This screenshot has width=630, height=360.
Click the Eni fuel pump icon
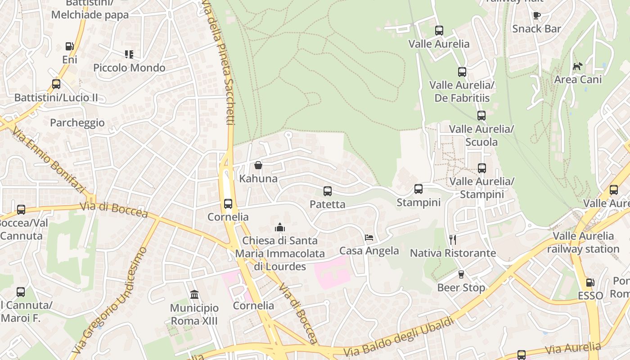click(69, 46)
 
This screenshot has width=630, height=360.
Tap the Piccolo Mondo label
click(129, 68)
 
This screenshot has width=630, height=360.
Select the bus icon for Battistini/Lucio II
click(56, 84)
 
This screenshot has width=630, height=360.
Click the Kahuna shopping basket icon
click(258, 165)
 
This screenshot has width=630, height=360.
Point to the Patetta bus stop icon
click(328, 191)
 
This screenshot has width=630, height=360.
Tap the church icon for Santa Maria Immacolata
click(280, 227)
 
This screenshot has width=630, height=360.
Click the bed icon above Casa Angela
click(369, 237)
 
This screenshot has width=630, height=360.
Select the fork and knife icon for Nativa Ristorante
click(453, 239)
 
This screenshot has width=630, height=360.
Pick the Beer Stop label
click(461, 288)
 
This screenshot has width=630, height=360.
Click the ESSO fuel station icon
click(590, 283)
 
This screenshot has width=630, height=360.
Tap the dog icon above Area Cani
click(577, 67)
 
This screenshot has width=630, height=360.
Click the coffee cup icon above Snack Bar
click(536, 15)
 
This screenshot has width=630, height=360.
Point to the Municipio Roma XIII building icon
click(194, 295)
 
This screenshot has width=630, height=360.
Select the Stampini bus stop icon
click(418, 189)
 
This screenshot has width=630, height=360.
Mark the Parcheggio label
click(77, 123)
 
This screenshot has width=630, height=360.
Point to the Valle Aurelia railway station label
click(583, 243)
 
